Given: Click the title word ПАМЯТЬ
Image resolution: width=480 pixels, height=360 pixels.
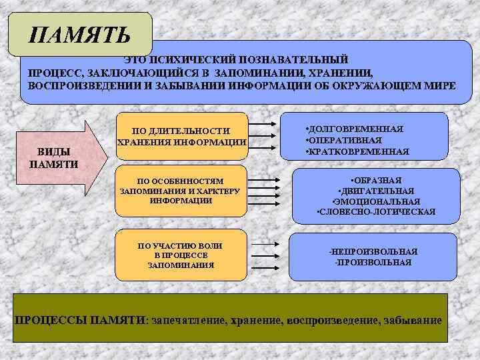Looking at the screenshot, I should pos(80,34).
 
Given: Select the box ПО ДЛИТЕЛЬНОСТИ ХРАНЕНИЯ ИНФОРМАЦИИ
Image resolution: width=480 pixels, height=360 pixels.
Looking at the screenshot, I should pos(181,137).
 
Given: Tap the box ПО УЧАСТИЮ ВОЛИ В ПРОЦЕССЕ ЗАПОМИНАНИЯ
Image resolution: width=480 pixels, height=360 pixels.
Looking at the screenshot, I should pos(181,255).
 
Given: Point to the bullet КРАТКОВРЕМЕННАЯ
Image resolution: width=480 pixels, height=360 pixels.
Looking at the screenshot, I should pos(357,151).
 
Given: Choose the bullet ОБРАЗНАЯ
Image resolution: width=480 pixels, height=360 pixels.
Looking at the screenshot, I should pos(376,181).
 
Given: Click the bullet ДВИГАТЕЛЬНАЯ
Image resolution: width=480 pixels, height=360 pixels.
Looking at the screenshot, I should pos(376,191).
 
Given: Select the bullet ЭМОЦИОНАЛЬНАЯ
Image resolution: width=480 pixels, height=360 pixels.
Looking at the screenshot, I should pos(376,201).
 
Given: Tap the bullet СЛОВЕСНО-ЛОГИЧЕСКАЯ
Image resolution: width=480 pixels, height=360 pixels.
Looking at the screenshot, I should pos(376,212).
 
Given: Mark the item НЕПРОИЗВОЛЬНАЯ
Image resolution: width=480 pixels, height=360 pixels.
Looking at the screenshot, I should pos(374,251).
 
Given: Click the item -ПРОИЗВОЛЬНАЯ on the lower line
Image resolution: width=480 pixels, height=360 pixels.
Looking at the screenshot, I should pos(374,262).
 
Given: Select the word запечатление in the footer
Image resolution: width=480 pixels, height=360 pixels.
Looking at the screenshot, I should pos(189,321).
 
